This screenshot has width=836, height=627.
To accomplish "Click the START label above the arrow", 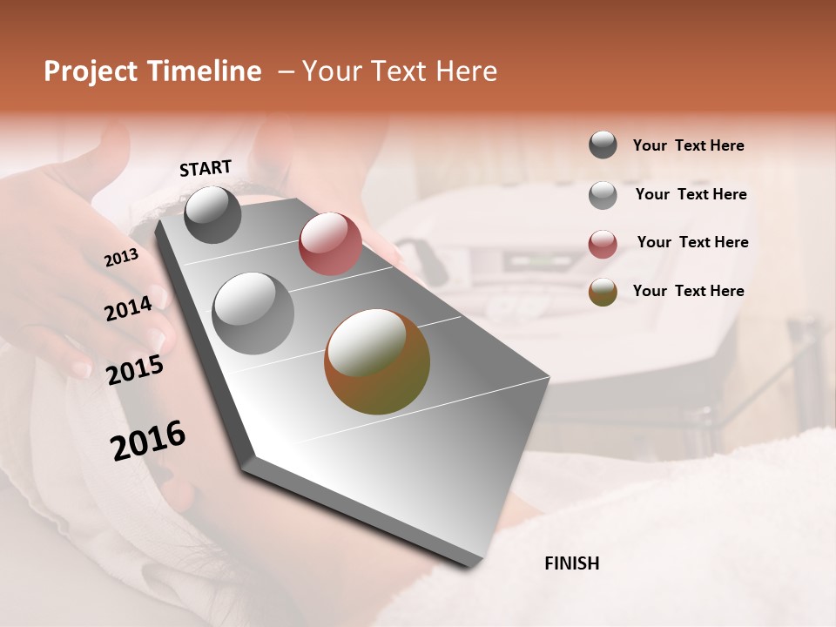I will pos(206,168).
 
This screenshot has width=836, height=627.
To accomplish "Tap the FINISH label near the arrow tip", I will pos(572,563).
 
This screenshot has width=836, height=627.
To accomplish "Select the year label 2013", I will pos(121,258).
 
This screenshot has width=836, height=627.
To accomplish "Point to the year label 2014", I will pos(128,308).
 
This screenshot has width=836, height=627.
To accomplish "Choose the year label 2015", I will pos(135,371).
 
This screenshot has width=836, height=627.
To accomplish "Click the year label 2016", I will pos(148,441).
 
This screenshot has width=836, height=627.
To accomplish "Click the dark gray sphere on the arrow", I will pos(212,214).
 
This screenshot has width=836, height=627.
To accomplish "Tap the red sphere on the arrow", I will pos(330,243).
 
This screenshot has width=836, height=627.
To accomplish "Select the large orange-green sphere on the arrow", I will pos(376,361).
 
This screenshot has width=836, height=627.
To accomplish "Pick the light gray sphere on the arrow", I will pos(253,313).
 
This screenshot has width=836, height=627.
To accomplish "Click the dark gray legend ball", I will pos(603,145).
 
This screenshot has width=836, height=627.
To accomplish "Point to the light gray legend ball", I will pos(603,195).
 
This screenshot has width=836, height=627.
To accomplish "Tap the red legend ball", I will pos(603,244).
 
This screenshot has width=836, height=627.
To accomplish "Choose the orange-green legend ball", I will pos(603,292).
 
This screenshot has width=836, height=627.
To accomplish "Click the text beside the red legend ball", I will pos(692,242).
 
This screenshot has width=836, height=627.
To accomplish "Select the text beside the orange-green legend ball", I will pos(688,291).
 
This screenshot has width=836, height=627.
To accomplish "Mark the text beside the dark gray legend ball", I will pos(688,145).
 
